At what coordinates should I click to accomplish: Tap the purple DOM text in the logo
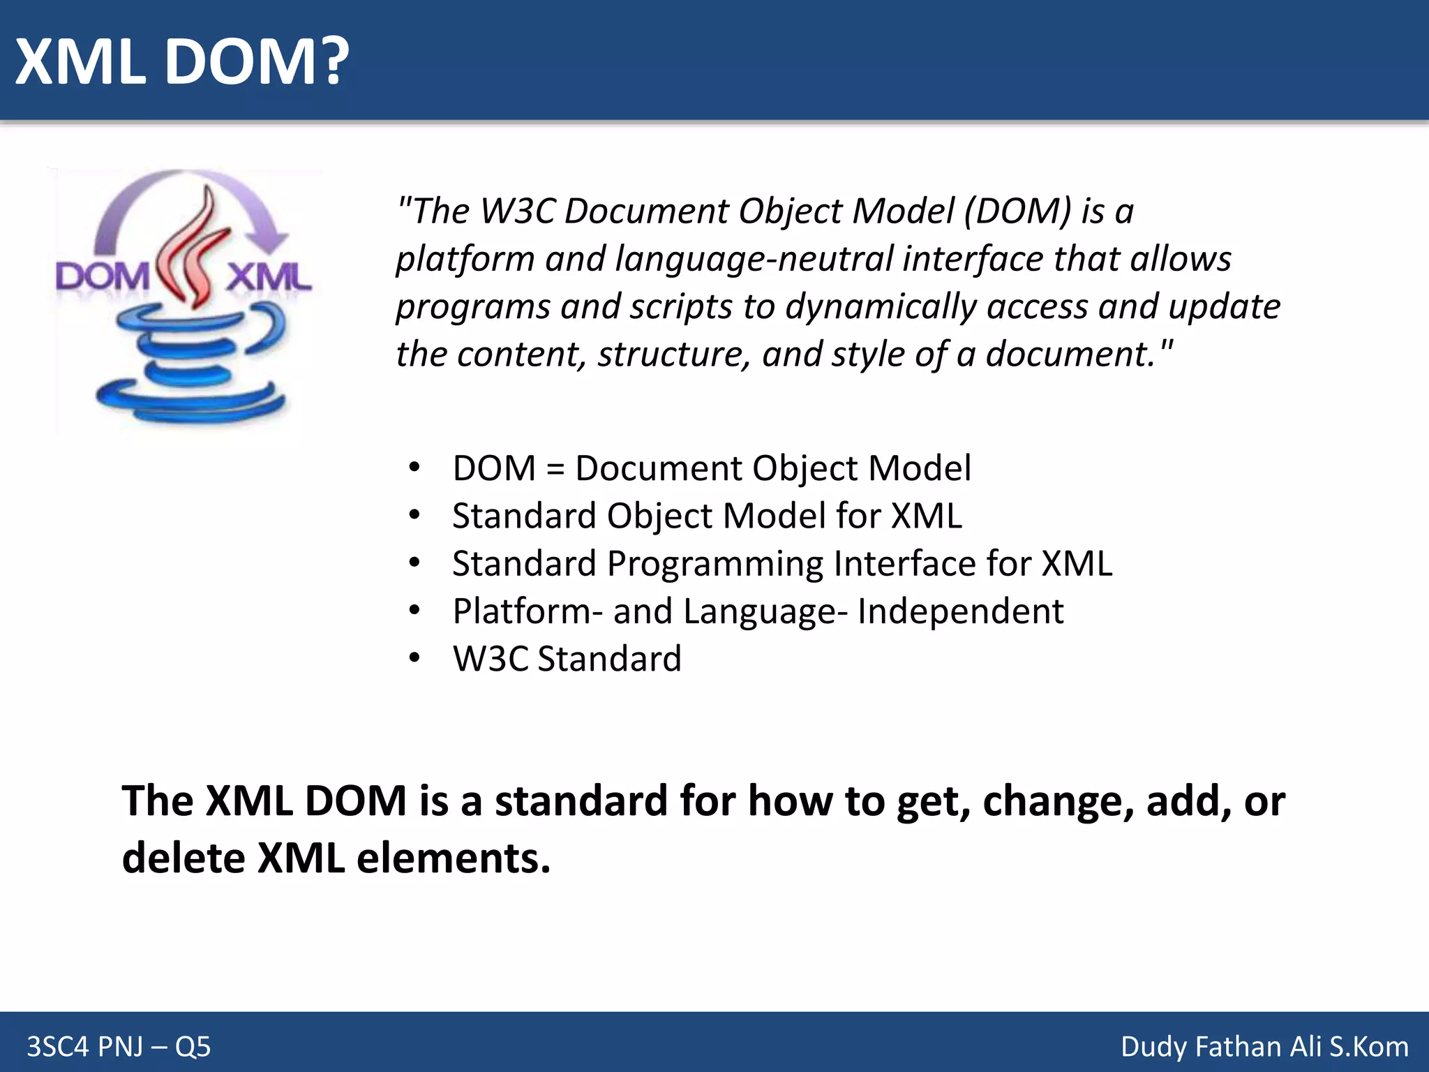coord(102,277)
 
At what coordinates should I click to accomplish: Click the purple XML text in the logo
coord(269,278)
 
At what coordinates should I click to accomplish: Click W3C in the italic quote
coord(517,211)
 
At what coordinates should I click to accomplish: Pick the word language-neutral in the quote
coord(754,259)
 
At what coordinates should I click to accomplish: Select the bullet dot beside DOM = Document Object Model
coord(414,468)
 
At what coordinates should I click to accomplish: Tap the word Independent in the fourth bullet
coord(960,611)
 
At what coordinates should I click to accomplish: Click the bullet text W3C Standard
coord(567,659)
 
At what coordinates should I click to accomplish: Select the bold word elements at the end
coord(453,858)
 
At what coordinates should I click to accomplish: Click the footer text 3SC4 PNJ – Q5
coord(119,1047)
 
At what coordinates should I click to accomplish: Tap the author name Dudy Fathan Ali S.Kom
coord(1264,1047)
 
